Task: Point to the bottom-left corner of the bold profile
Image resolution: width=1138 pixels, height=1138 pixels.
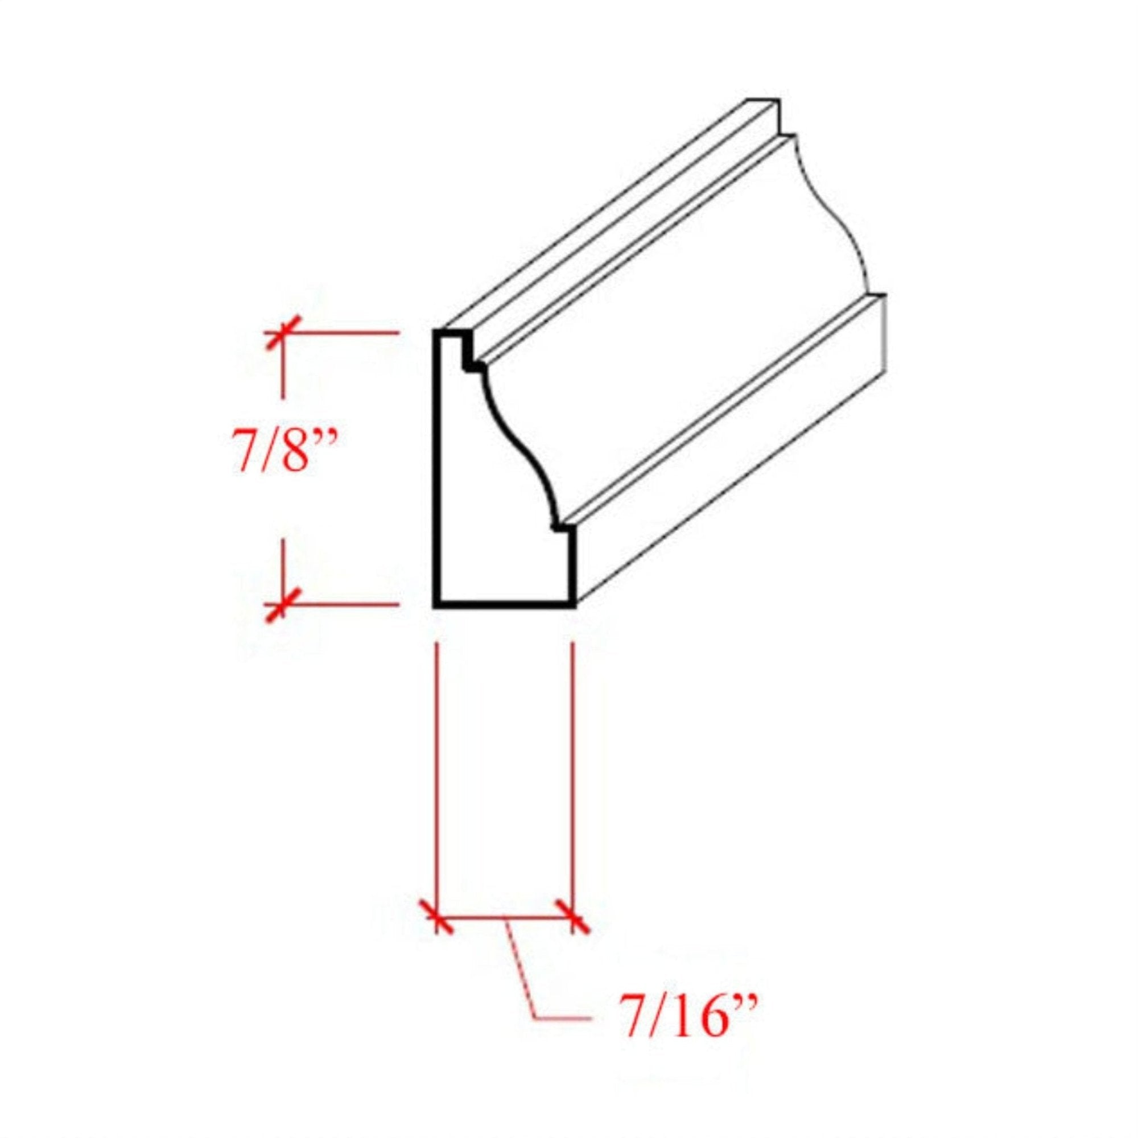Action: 436,604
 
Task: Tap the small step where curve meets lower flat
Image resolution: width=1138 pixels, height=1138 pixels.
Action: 559,527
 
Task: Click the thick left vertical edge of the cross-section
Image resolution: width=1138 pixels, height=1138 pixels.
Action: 436,471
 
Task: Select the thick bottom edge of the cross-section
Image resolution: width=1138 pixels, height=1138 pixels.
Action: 504,604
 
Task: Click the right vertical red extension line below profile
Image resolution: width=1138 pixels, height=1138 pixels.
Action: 572,766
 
